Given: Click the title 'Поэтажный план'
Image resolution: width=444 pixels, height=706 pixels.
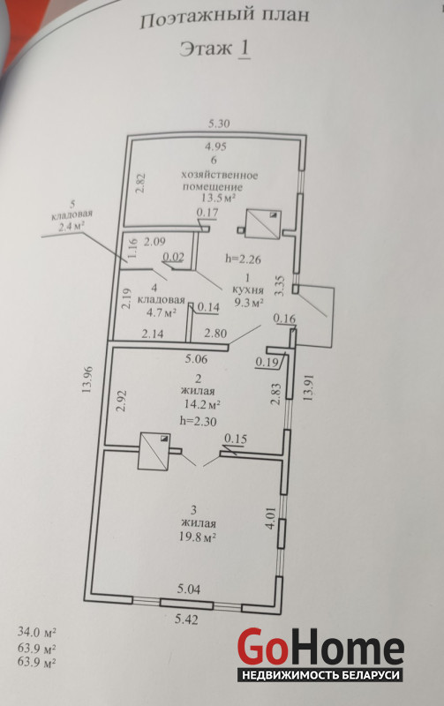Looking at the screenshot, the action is point(224,19).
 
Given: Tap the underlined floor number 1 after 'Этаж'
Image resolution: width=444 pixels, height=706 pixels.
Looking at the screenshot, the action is point(244,49).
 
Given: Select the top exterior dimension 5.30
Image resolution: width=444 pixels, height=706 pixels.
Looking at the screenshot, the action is point(219,124).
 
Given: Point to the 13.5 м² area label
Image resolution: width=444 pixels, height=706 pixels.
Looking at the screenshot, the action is point(218,198).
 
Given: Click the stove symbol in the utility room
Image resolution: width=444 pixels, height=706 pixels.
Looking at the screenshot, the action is point(262,225).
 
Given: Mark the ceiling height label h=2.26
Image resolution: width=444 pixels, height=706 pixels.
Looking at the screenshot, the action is point(243,259).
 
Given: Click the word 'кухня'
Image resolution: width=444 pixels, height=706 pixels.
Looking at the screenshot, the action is point(248,289).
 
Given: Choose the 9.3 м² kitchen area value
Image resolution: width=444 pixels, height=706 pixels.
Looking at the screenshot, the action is point(248,302).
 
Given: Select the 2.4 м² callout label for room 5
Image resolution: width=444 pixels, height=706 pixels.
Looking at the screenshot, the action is point(71,226).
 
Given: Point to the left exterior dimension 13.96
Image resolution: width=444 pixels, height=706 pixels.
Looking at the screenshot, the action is point(87,379).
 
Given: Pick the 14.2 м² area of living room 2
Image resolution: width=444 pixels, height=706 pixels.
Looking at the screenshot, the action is point(202,404).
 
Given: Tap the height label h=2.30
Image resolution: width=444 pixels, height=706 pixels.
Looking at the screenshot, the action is point(198,421).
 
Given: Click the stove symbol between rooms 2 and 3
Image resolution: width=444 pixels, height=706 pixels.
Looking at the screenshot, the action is point(154,451).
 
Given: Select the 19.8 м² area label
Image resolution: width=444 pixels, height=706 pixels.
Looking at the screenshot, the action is point(198,537).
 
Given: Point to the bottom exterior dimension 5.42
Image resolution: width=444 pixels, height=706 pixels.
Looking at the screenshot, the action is point(186,620).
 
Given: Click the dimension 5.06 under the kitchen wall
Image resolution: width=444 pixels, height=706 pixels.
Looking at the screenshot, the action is point(196,359).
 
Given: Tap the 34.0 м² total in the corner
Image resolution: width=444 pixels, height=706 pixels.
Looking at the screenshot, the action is point(36,632).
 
